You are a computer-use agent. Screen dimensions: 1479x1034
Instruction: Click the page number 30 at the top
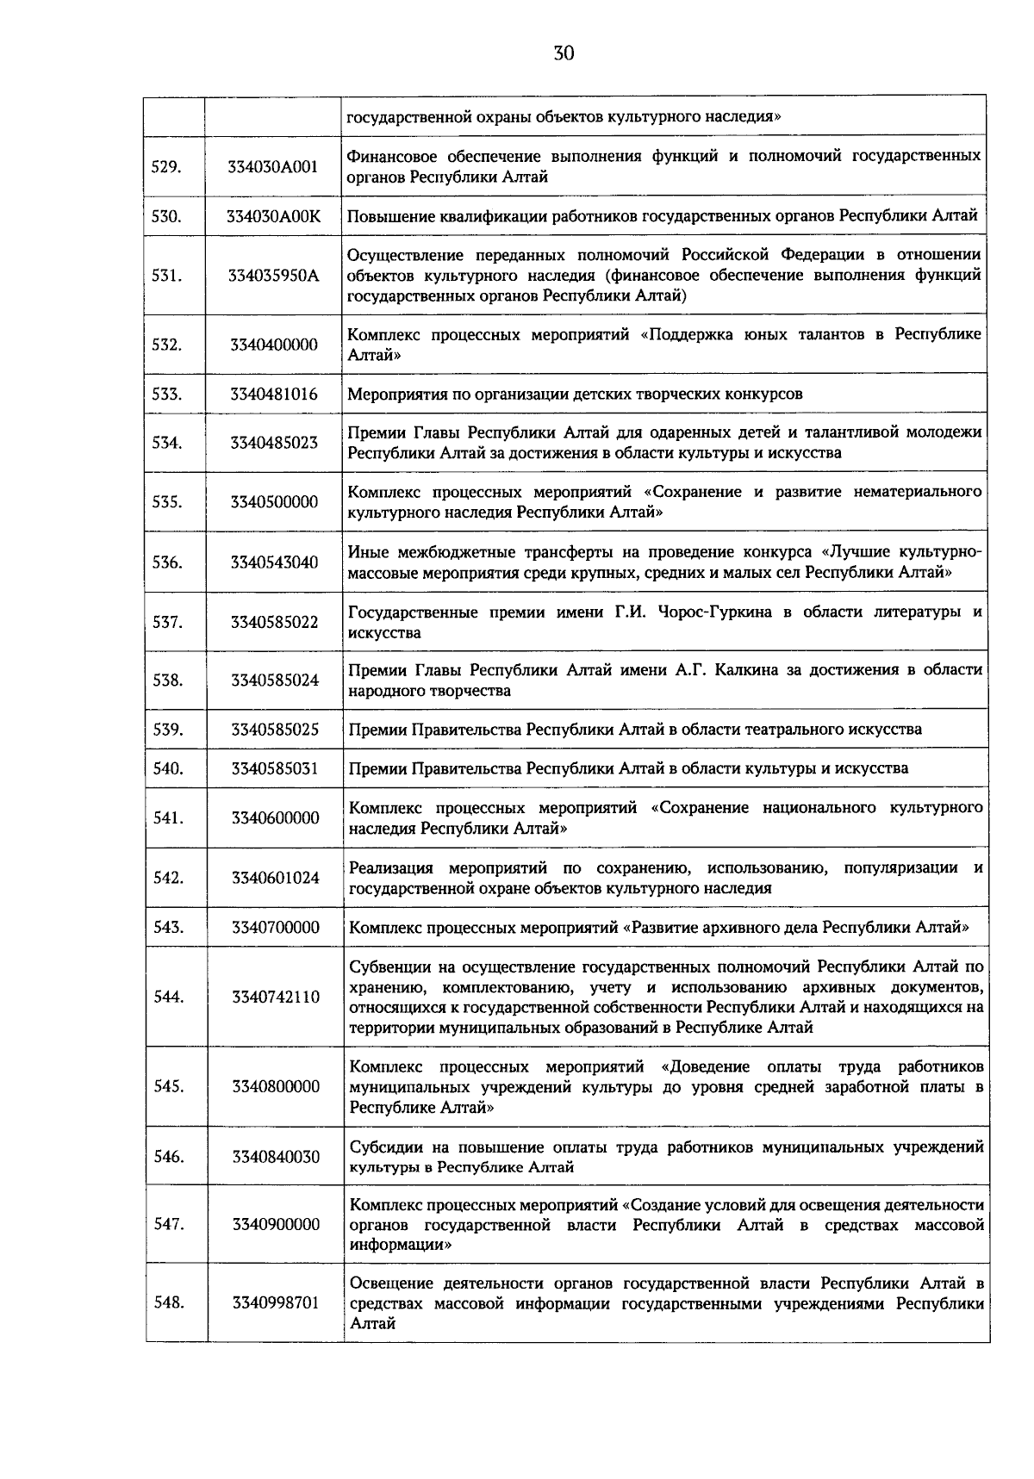pyautogui.click(x=564, y=53)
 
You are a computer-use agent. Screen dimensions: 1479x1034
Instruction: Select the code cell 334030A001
pyautogui.click(x=273, y=167)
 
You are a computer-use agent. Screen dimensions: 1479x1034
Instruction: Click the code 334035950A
pyautogui.click(x=273, y=276)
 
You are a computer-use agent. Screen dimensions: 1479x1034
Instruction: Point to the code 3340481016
pyautogui.click(x=273, y=395)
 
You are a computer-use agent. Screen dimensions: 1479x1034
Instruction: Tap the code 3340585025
pyautogui.click(x=274, y=730)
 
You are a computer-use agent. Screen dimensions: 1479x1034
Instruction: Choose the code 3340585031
pyautogui.click(x=274, y=768)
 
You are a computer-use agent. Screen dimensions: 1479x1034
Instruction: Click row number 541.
pyautogui.click(x=167, y=818)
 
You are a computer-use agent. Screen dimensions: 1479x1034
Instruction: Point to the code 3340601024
pyautogui.click(x=275, y=878)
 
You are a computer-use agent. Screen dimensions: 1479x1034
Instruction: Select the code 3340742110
pyautogui.click(x=275, y=997)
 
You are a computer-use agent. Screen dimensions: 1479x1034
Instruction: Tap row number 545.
pyautogui.click(x=168, y=1086)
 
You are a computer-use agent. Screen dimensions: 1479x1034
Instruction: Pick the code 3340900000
pyautogui.click(x=275, y=1224)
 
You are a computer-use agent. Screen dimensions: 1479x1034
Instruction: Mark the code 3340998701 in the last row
pyautogui.click(x=275, y=1302)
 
